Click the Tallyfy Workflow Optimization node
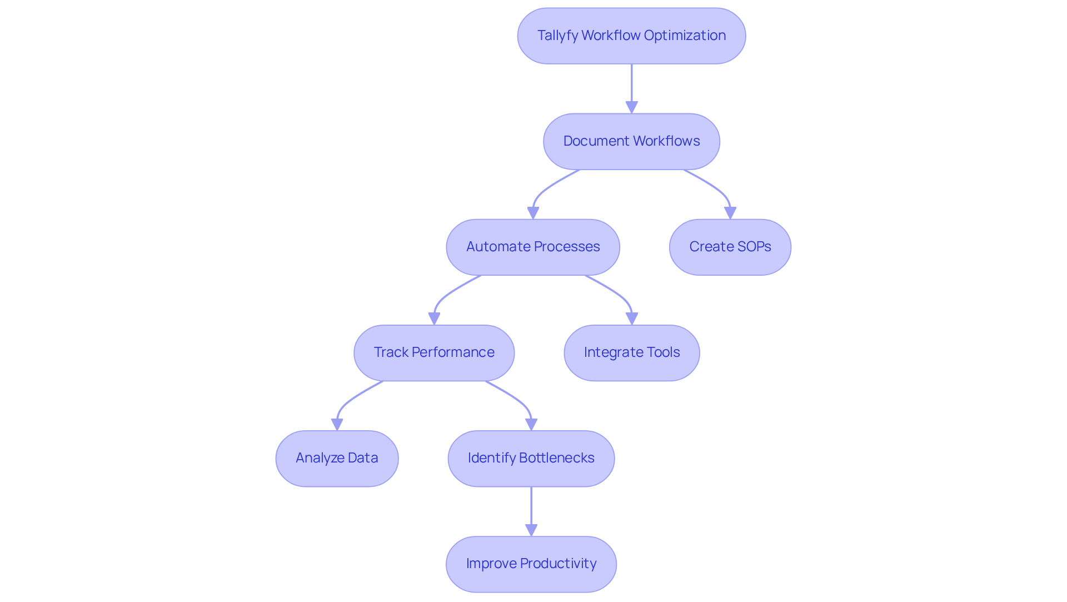point(631,36)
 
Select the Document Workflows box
point(631,141)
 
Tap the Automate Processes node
point(532,247)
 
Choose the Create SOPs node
point(730,247)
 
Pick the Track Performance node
point(433,352)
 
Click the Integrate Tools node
point(631,352)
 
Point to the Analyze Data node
point(337,458)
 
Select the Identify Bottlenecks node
point(531,458)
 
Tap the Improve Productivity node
point(531,564)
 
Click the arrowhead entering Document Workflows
point(631,107)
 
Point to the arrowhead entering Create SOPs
point(730,213)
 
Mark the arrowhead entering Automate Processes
point(533,213)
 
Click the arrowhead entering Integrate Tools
point(631,319)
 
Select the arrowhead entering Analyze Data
point(337,424)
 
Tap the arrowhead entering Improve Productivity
point(531,530)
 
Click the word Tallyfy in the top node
point(557,36)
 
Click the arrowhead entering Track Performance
point(434,319)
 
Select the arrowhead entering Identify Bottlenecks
point(531,424)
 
